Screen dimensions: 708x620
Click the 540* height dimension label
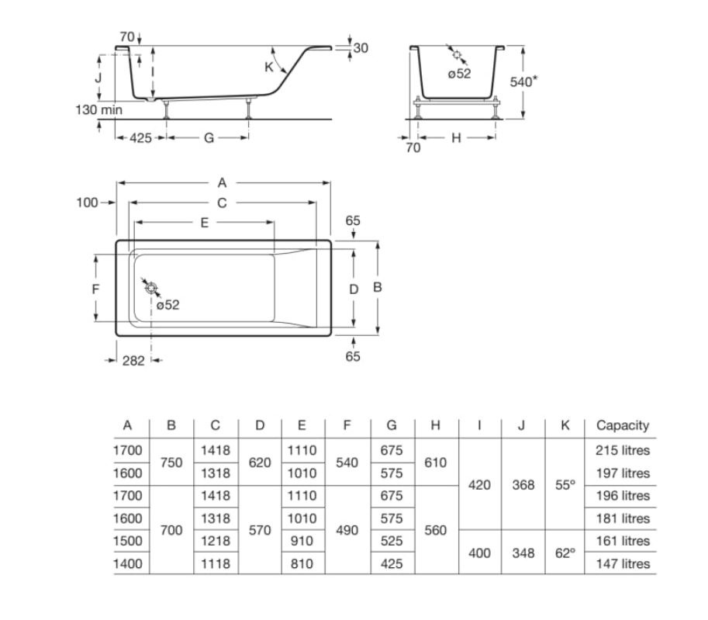point(523,81)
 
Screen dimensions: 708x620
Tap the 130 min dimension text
point(98,110)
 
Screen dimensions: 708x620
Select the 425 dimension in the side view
point(140,138)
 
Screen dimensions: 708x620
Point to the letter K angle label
point(269,67)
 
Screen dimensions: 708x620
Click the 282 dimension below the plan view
point(133,361)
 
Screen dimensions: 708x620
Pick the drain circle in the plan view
point(151,288)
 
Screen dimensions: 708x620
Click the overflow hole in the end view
point(457,54)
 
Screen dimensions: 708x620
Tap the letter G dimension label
point(209,138)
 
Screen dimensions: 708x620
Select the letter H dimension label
point(456,138)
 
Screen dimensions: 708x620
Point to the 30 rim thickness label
point(361,48)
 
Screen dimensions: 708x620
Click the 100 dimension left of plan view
point(87,203)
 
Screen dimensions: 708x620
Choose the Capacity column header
point(623,426)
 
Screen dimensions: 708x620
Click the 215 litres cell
point(623,450)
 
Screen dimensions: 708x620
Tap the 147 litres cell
point(623,563)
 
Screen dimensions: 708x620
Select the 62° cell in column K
point(565,552)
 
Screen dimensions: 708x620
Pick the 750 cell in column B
point(171,462)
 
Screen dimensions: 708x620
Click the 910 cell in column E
point(302,541)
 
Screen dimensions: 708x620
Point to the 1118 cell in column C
point(216,563)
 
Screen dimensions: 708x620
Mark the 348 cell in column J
point(523,552)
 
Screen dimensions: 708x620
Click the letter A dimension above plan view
point(222,183)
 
